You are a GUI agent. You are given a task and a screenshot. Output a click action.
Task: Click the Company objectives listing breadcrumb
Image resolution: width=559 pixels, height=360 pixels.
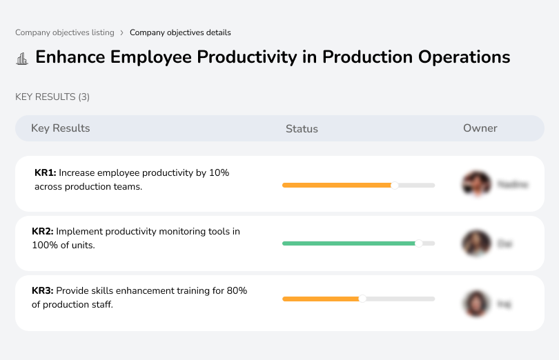click(65, 32)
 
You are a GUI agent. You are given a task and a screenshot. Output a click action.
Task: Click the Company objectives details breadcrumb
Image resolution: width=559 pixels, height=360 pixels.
click(180, 32)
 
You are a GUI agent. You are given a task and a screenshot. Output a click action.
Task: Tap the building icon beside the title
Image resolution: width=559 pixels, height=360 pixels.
click(22, 58)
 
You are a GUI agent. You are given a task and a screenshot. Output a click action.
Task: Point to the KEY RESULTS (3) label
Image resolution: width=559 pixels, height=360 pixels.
click(52, 97)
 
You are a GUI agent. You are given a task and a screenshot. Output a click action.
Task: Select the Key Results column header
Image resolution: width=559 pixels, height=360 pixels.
click(60, 128)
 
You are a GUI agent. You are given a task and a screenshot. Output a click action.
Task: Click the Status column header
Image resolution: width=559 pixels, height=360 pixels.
click(302, 129)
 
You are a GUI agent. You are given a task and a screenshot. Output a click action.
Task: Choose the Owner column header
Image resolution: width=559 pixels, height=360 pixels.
click(480, 128)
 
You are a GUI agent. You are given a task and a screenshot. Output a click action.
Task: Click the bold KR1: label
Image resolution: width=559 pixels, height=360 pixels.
click(45, 173)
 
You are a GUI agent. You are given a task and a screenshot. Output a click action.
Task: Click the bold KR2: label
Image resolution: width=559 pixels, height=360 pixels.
click(43, 232)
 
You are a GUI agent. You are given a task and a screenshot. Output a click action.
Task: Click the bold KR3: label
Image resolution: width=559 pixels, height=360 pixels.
click(43, 291)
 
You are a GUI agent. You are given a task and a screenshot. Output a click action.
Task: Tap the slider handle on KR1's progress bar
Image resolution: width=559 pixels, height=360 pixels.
click(395, 185)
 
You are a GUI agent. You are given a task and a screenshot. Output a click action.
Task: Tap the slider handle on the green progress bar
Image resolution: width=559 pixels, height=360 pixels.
click(418, 243)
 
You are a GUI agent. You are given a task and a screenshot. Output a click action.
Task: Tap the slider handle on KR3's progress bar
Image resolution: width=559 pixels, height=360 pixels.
click(362, 299)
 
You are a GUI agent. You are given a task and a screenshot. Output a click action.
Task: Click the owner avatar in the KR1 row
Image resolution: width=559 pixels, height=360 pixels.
click(476, 184)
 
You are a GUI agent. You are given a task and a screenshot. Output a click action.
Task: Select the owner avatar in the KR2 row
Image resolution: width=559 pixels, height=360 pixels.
click(476, 243)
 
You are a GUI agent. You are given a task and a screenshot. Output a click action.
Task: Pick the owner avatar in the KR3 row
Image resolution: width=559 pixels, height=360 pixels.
click(476, 303)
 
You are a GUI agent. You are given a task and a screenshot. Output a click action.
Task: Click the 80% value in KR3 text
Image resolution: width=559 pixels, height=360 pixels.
click(236, 291)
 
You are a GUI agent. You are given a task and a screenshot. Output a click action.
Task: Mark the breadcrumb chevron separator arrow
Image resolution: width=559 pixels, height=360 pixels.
click(122, 32)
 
